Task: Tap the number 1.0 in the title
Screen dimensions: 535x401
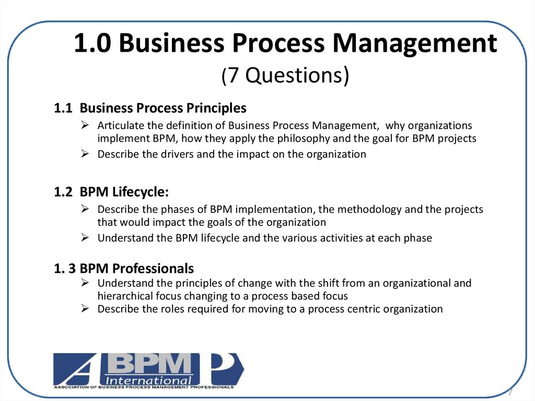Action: point(92,43)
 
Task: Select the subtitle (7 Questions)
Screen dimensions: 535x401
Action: point(285,75)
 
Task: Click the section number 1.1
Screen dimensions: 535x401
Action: point(63,108)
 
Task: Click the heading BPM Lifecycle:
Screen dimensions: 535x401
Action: point(124,192)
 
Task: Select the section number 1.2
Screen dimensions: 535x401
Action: point(63,192)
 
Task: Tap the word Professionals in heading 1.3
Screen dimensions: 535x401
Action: point(153,269)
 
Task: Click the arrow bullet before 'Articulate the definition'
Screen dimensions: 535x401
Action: point(85,125)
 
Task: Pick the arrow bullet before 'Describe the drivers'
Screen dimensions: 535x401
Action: point(85,154)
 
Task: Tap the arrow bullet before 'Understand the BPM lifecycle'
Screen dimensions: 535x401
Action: point(85,237)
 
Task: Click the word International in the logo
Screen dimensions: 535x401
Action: point(148,381)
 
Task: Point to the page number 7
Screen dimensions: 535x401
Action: point(510,392)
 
